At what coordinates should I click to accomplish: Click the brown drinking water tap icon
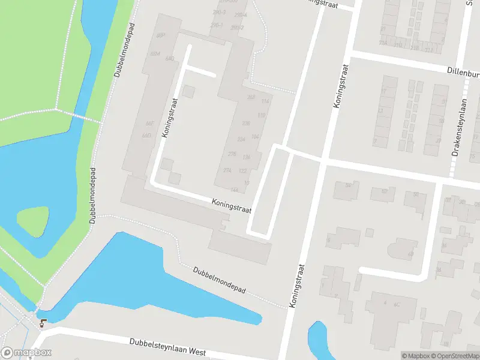click(x=42, y=323)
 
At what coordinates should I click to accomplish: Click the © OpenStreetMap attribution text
click(x=457, y=356)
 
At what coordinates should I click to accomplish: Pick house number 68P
click(x=160, y=36)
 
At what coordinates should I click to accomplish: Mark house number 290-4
click(x=241, y=14)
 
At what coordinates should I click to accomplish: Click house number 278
click(x=232, y=154)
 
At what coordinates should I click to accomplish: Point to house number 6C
click(x=397, y=305)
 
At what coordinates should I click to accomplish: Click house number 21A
click(x=383, y=43)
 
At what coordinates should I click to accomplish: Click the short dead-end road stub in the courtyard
click(x=200, y=72)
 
